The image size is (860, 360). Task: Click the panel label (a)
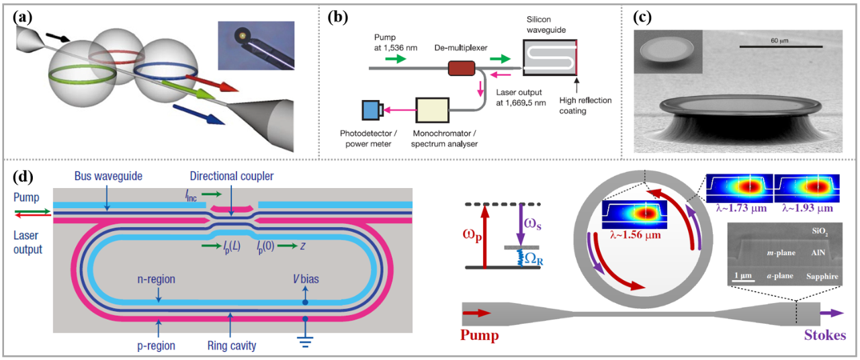pyautogui.click(x=21, y=19)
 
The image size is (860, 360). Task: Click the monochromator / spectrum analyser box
pyautogui.click(x=436, y=111)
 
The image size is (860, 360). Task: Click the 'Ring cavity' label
pyautogui.click(x=230, y=347)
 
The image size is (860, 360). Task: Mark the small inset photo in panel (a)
pyautogui.click(x=255, y=46)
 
